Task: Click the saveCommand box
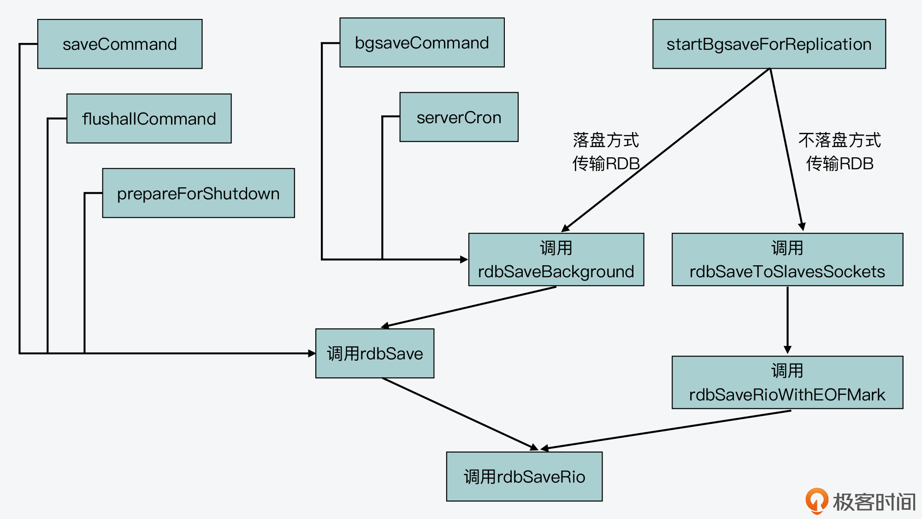pyautogui.click(x=120, y=44)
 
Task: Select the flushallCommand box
pyautogui.click(x=149, y=119)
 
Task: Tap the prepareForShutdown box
pyautogui.click(x=198, y=193)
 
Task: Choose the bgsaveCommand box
pyautogui.click(x=422, y=43)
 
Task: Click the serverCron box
pyautogui.click(x=459, y=117)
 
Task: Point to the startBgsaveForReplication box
pyautogui.click(x=769, y=44)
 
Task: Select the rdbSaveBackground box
pyautogui.click(x=556, y=260)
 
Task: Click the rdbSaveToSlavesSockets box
pyautogui.click(x=787, y=260)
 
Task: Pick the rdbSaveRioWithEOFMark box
pyautogui.click(x=787, y=382)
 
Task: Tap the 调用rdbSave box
pyautogui.click(x=375, y=353)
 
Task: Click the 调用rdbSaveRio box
pyautogui.click(x=524, y=477)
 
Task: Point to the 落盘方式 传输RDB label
pyautogui.click(x=606, y=152)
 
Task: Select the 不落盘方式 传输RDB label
pyautogui.click(x=839, y=152)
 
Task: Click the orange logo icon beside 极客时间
pyautogui.click(x=816, y=501)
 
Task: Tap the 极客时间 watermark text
pyautogui.click(x=874, y=502)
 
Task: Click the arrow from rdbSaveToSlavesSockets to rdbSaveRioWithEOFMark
pyautogui.click(x=787, y=321)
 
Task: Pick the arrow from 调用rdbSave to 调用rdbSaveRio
pyautogui.click(x=461, y=414)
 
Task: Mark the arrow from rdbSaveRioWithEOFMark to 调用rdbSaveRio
pyautogui.click(x=666, y=430)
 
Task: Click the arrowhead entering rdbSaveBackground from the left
pyautogui.click(x=464, y=259)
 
